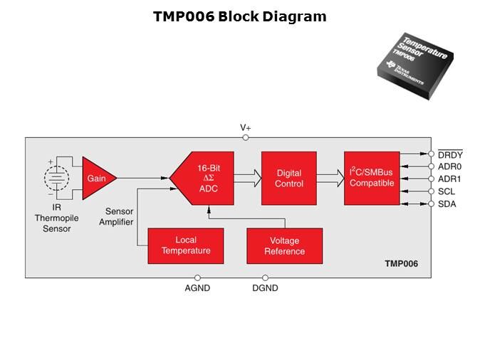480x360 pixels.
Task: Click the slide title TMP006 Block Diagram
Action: [239, 16]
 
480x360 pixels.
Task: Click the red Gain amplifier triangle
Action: [95, 178]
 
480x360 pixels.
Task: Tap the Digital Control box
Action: [288, 179]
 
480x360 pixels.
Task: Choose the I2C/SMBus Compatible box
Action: [371, 179]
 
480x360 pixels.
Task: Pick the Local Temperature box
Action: [185, 245]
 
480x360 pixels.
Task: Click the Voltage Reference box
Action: [284, 245]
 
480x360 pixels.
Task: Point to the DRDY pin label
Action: [450, 154]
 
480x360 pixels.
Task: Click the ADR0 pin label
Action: [450, 166]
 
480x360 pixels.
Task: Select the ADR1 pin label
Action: [450, 179]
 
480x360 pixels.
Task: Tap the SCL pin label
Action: [447, 192]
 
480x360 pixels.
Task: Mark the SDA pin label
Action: [447, 204]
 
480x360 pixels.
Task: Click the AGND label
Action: [197, 288]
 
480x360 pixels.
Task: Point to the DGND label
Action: [265, 288]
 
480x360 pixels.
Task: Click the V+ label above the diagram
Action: [245, 128]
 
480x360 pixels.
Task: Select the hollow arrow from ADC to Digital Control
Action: [247, 178]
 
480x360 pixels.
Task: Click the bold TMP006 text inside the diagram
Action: [401, 263]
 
